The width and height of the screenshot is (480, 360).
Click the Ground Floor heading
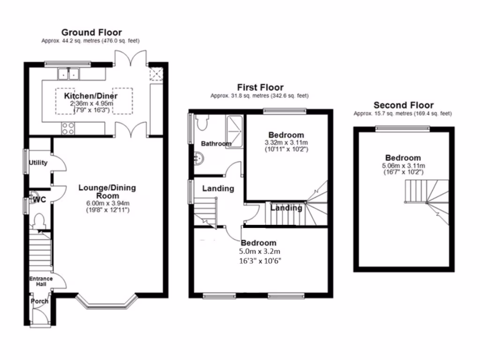(91, 32)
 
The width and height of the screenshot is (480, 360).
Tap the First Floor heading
(260, 87)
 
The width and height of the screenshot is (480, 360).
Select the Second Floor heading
(403, 105)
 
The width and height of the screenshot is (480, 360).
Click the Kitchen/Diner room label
(91, 96)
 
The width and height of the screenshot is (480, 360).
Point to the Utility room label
(38, 163)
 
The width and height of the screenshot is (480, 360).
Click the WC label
(39, 200)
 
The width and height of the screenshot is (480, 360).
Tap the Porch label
(39, 301)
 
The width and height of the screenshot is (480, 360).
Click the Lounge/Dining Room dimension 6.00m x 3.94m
(107, 203)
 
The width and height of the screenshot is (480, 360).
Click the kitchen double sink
(69, 74)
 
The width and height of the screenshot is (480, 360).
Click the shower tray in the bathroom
(235, 131)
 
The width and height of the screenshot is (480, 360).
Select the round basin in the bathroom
(199, 159)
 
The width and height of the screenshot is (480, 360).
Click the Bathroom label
(216, 143)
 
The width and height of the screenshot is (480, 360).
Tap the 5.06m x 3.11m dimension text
(403, 165)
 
